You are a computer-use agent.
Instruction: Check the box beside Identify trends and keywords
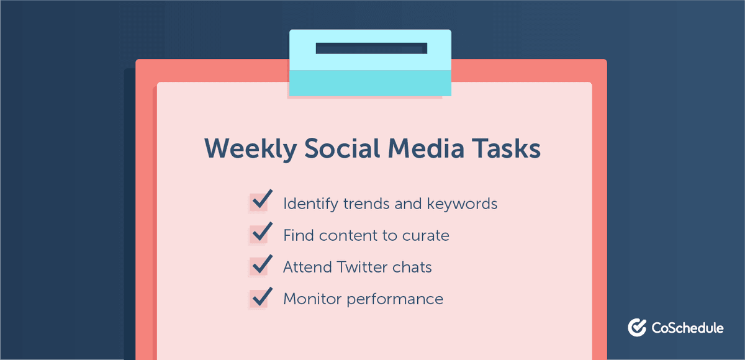click(259, 202)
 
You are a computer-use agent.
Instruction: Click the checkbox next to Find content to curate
click(259, 234)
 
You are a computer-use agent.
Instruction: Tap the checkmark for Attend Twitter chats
click(259, 266)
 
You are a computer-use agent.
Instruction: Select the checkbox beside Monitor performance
click(259, 299)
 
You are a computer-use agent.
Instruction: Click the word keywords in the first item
click(462, 204)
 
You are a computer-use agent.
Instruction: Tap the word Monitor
click(312, 299)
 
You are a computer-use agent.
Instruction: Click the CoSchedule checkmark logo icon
click(637, 327)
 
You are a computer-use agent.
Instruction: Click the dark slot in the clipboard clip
click(371, 48)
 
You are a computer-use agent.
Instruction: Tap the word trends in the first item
click(356, 204)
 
